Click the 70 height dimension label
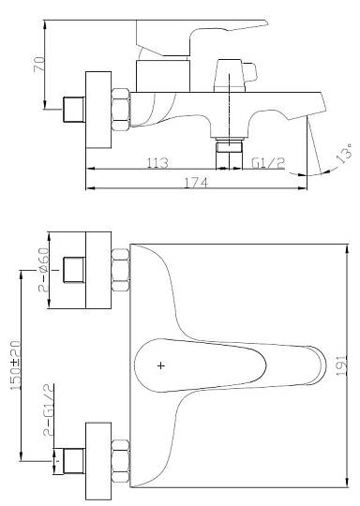pyautogui.click(x=39, y=64)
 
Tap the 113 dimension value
pyautogui.click(x=157, y=163)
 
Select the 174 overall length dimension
pyautogui.click(x=196, y=183)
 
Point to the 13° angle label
pyautogui.click(x=343, y=154)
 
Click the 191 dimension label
pyautogui.click(x=342, y=365)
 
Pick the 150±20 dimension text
pyautogui.click(x=16, y=365)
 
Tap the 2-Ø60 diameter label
pyautogui.click(x=43, y=270)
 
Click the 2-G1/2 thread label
pyautogui.click(x=48, y=413)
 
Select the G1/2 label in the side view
pyautogui.click(x=268, y=163)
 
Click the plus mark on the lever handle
pyautogui.click(x=161, y=365)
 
